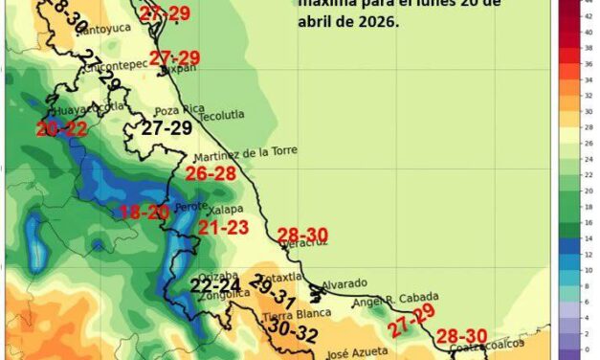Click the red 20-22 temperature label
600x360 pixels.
61,128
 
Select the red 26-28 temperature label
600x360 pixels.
211,173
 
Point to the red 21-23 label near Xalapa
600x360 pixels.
224,228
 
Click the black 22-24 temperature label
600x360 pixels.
216,284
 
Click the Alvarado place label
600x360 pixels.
342,284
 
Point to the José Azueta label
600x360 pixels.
352,353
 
